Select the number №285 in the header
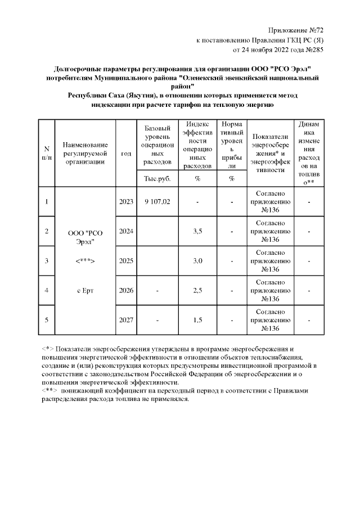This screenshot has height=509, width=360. pos(313,49)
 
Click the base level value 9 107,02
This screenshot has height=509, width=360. pos(157,202)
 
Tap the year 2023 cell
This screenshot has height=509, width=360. pos(126,202)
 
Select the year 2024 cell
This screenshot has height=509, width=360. pos(126,231)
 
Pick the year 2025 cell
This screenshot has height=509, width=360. pos(126,260)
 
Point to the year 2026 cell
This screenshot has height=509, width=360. pos(126,290)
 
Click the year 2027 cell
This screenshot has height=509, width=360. pos(126,320)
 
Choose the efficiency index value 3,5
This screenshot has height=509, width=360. pos(197,231)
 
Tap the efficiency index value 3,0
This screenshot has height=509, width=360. pos(197,260)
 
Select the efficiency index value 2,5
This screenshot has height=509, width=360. pos(197,290)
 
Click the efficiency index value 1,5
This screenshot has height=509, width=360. pos(197,320)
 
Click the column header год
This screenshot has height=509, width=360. pos(126,153)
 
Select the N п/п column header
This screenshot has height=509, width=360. pos(46,153)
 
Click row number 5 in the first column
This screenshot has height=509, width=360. pos(46,320)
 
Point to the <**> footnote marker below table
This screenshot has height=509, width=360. pos(49,390)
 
